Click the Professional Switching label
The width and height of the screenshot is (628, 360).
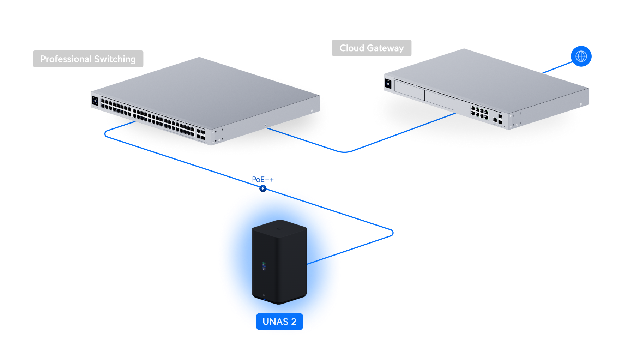88,59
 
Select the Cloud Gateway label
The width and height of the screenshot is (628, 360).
372,48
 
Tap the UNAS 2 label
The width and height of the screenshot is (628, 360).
279,322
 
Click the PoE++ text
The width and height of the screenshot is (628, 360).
263,180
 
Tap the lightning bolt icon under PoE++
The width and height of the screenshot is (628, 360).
263,188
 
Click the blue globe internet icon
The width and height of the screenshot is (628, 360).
581,56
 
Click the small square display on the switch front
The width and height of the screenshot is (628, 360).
95,101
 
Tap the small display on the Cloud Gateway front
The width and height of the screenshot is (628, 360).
388,84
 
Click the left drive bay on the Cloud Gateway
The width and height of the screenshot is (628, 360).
409,90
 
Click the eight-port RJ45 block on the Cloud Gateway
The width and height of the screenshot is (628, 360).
479,112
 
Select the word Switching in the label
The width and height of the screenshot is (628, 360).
115,59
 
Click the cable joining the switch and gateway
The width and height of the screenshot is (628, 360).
346,152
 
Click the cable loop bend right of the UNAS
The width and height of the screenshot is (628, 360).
392,233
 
